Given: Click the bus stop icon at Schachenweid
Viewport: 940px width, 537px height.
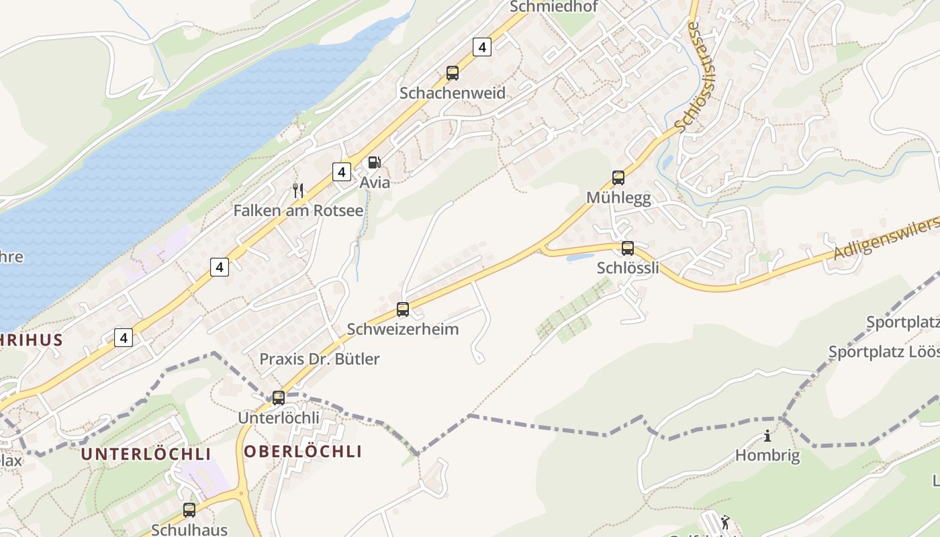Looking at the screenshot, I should (453, 73).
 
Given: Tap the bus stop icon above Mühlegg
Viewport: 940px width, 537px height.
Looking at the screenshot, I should (618, 178).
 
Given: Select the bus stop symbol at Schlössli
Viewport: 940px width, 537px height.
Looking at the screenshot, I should (628, 248).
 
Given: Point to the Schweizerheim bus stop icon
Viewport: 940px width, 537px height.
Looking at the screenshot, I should (403, 309).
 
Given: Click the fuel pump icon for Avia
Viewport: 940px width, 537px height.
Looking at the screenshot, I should (374, 162).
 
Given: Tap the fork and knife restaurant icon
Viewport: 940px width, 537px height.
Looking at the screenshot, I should (298, 191).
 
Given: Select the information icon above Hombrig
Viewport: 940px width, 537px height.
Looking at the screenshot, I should (767, 436).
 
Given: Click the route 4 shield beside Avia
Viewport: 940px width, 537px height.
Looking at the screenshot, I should (342, 172).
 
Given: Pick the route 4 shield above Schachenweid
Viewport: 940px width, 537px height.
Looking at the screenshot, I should (481, 47).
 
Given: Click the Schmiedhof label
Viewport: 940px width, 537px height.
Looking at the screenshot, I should (553, 7).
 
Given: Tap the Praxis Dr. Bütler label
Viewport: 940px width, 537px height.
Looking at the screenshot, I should (320, 359).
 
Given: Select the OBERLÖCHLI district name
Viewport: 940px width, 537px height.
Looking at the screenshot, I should (303, 452).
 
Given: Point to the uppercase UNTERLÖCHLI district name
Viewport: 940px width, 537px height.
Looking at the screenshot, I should (146, 454).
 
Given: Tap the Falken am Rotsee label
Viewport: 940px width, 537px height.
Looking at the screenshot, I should (298, 211).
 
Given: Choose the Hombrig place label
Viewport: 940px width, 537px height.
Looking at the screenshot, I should (767, 456).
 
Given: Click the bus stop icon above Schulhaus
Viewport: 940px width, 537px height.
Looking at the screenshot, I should (189, 510).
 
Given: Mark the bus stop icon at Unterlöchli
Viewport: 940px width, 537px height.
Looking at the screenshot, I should (279, 398).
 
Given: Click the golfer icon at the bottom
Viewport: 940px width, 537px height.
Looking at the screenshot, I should (724, 522).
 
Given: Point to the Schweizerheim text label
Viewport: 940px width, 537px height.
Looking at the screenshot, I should (403, 329).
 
